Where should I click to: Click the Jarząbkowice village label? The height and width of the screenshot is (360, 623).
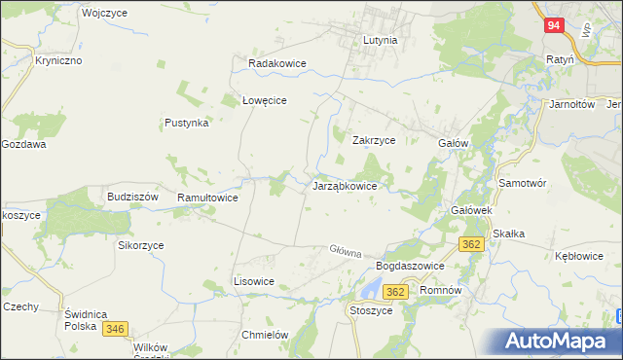(x=351, y=185)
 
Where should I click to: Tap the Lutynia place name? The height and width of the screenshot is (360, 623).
(x=380, y=41)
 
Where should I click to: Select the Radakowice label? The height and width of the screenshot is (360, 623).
(x=277, y=63)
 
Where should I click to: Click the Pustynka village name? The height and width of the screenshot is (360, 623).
(x=187, y=124)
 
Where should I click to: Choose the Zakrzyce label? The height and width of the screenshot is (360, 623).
(x=373, y=140)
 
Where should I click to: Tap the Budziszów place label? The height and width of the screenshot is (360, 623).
(x=132, y=196)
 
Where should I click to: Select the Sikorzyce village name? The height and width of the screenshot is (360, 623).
(x=141, y=245)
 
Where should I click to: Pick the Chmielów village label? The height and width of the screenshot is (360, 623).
(x=265, y=335)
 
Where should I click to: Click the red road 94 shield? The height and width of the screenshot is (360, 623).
(x=553, y=26)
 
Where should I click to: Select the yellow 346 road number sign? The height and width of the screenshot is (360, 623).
(x=115, y=330)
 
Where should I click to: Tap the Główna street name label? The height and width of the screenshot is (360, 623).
(x=346, y=250)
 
